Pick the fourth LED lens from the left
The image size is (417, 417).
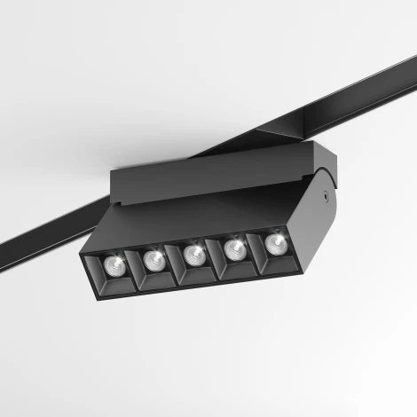tap(235, 248)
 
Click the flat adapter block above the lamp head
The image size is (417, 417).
tap(213, 174)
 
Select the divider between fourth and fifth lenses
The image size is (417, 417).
tap(256, 248)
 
